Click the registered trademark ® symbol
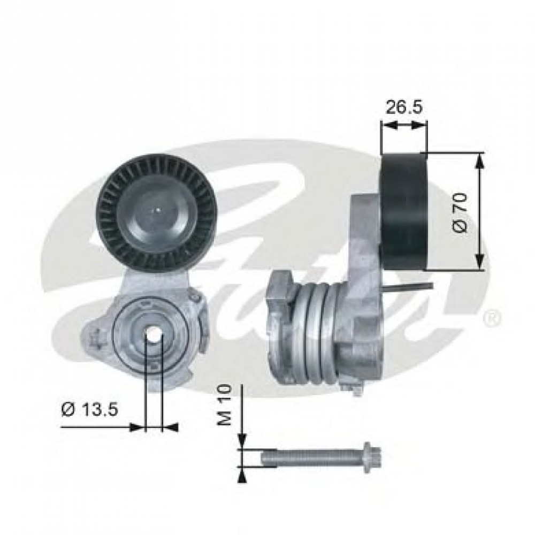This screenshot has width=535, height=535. pos(491,319)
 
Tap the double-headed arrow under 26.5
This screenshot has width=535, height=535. pos(404,125)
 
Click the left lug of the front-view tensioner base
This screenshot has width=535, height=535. pos(97,337)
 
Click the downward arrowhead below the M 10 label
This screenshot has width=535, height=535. pos(242,442)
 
